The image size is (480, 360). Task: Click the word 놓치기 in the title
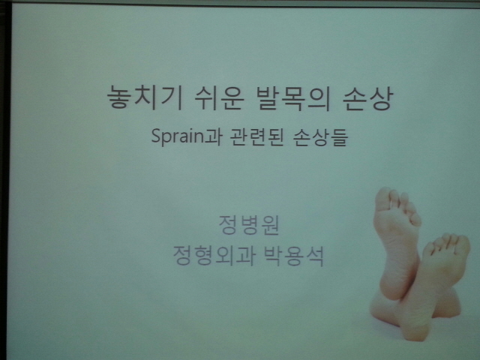(145, 98)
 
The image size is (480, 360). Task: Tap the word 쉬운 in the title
(219, 98)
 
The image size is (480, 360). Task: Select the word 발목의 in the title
(292, 98)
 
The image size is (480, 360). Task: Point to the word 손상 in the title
(367, 98)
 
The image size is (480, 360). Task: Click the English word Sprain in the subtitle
(178, 136)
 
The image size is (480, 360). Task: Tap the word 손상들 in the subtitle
(320, 136)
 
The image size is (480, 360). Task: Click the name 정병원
(249, 225)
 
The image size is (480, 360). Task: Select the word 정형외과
(214, 255)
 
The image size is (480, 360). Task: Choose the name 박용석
(293, 255)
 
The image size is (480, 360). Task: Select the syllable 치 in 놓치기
(145, 98)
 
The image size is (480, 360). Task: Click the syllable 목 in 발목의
(293, 98)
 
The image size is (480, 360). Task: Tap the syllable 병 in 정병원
(249, 225)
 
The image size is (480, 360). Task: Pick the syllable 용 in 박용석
(293, 255)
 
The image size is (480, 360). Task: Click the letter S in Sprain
(156, 136)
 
